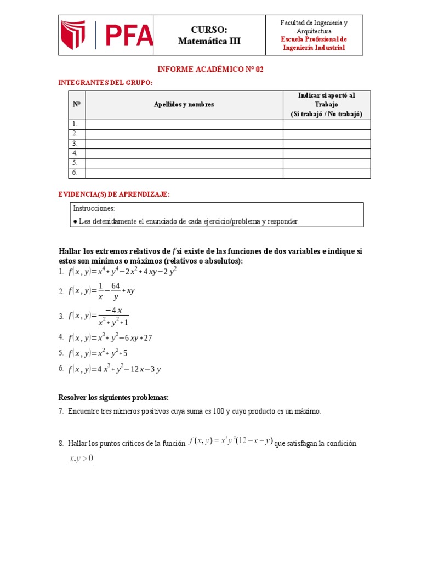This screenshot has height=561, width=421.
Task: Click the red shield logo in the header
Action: point(73,35)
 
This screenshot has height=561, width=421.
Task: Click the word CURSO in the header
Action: point(209,30)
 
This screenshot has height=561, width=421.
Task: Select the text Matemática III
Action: point(209,41)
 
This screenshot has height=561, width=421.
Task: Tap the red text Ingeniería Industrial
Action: point(314,48)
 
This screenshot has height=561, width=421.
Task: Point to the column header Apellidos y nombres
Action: point(184,104)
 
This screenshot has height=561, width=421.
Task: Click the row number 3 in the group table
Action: point(75,144)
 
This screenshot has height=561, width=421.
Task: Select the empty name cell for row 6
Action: point(184,173)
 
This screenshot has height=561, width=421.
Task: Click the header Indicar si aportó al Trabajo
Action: point(326,100)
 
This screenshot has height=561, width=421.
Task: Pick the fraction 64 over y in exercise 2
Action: point(115,291)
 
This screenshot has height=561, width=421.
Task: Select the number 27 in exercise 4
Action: point(147,338)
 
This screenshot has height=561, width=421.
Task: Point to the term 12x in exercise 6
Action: point(134,369)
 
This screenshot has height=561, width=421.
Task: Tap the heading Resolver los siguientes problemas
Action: point(113,397)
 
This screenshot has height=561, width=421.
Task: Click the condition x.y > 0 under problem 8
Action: point(82,458)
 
